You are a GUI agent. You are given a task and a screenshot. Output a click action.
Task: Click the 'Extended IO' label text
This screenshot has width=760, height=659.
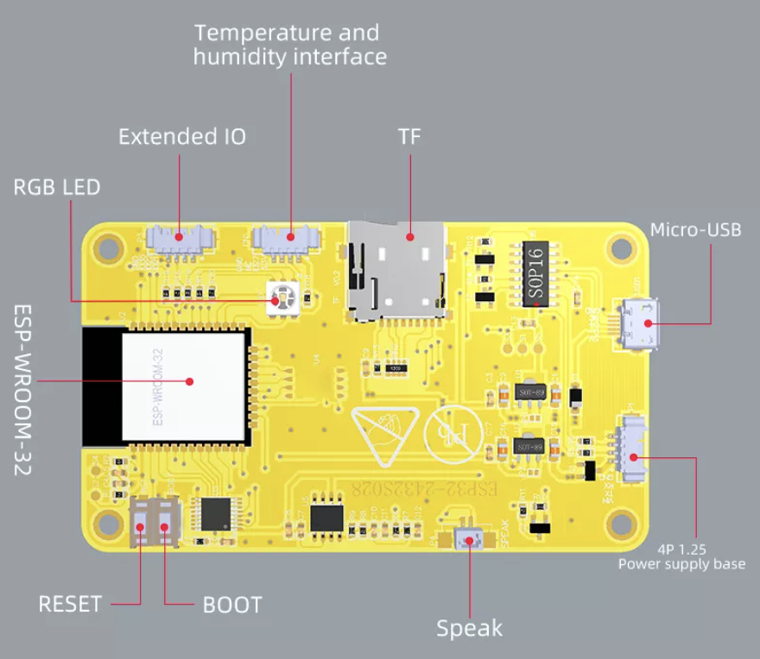pyautogui.click(x=181, y=136)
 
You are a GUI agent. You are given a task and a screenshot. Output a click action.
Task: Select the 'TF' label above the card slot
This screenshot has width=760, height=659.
pyautogui.click(x=409, y=137)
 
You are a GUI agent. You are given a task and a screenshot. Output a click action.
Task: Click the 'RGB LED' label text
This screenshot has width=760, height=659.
pyautogui.click(x=56, y=186)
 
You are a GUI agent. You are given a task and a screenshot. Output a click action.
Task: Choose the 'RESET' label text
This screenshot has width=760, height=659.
pyautogui.click(x=70, y=604)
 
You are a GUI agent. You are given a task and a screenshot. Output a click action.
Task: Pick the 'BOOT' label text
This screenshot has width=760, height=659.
pyautogui.click(x=231, y=605)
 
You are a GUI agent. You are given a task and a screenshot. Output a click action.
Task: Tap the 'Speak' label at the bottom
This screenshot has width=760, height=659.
pyautogui.click(x=469, y=628)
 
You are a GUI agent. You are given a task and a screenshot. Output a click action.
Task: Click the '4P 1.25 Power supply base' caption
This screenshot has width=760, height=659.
pyautogui.click(x=681, y=555)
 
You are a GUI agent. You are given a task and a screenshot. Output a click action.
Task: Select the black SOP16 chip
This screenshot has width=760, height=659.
pyautogui.click(x=535, y=273)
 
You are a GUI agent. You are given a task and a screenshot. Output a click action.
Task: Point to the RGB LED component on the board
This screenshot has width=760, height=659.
pyautogui.click(x=279, y=298)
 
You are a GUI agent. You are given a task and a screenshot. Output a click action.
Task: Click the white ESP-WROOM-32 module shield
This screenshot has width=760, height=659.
pyautogui.click(x=183, y=385)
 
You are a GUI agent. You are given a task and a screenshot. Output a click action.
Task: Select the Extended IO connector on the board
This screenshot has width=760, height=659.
pyautogui.click(x=179, y=236)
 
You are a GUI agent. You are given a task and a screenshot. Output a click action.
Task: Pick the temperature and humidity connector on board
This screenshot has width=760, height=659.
pyautogui.click(x=288, y=236)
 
